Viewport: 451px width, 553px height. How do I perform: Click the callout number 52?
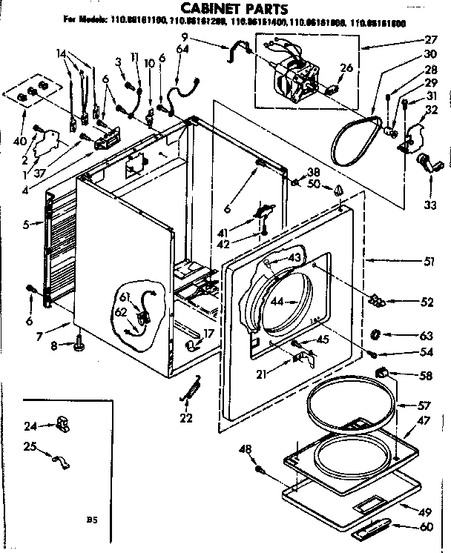coord(427,302)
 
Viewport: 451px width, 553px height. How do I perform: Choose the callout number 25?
coord(30,446)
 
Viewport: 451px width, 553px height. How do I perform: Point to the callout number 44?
coord(276,302)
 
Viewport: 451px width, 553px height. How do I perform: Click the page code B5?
coord(91,520)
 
